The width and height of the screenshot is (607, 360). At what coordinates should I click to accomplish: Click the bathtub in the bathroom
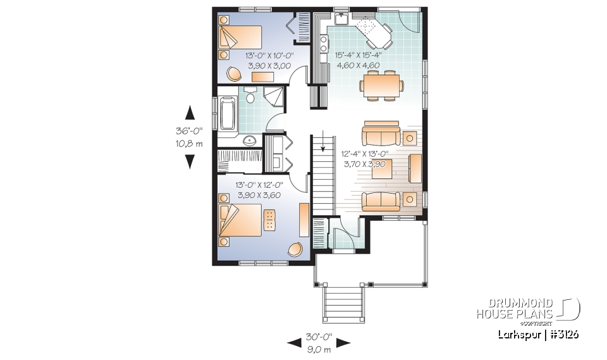pyautogui.click(x=226, y=113)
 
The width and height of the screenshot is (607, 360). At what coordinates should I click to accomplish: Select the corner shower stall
pyautogui.click(x=274, y=98)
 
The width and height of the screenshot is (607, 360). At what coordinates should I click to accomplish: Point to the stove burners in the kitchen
pyautogui.click(x=324, y=44)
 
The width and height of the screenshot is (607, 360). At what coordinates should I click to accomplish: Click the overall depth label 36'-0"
pyautogui.click(x=189, y=133)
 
